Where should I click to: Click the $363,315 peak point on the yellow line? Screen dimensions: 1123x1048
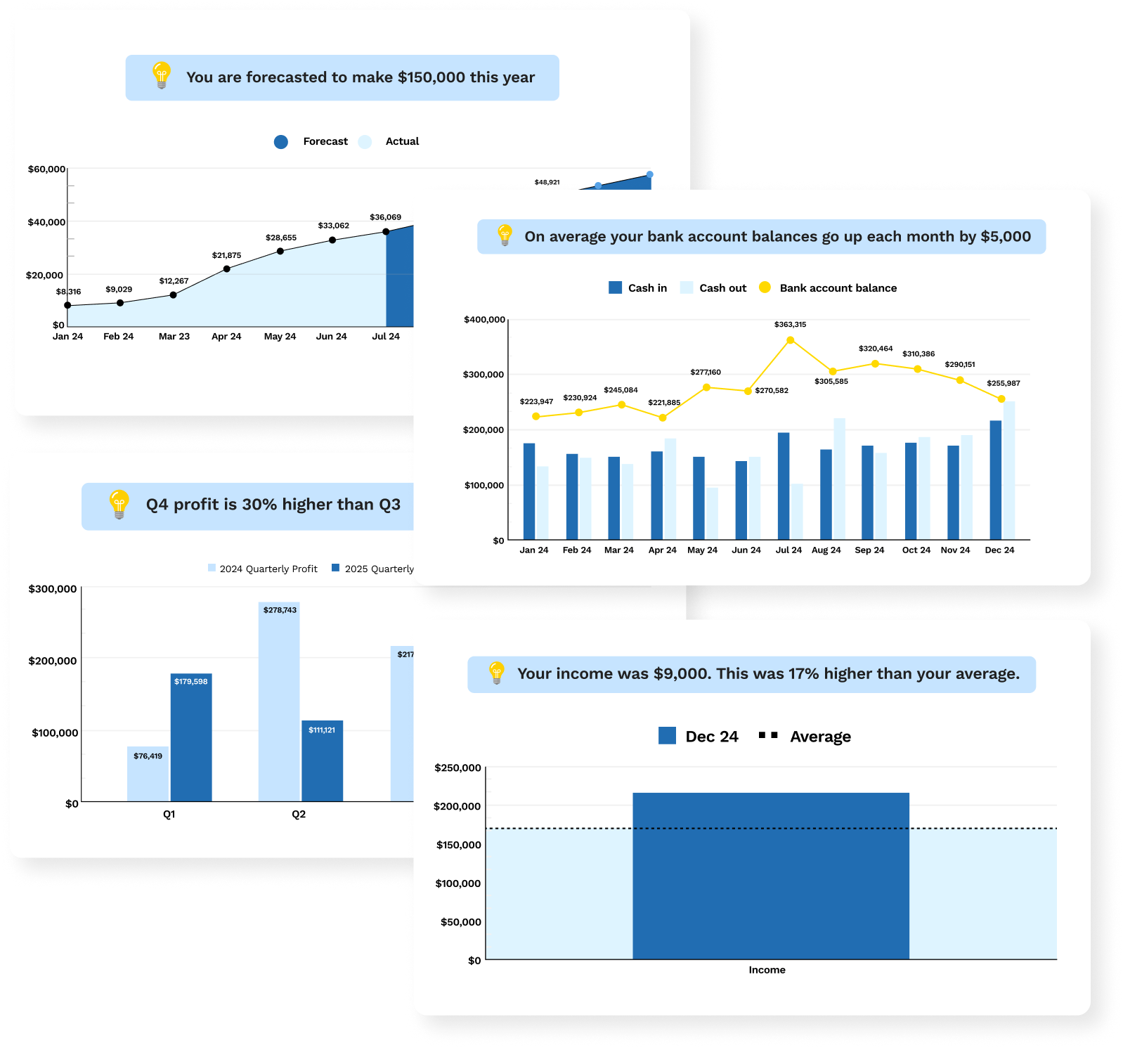pyautogui.click(x=791, y=340)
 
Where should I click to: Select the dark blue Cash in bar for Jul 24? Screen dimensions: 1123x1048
pyautogui.click(x=784, y=486)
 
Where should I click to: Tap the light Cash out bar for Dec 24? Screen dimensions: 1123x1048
pyautogui.click(x=1009, y=471)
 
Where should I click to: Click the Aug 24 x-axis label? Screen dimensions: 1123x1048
pyautogui.click(x=826, y=550)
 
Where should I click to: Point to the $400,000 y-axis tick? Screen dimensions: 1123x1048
pyautogui.click(x=485, y=320)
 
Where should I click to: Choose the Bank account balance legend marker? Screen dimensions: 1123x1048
pyautogui.click(x=765, y=287)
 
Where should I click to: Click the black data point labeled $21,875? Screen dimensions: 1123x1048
pyautogui.click(x=226, y=269)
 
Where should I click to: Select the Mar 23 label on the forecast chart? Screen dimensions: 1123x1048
pyautogui.click(x=174, y=337)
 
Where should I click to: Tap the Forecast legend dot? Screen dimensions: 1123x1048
pyautogui.click(x=281, y=142)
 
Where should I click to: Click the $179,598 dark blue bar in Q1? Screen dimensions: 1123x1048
pyautogui.click(x=191, y=738)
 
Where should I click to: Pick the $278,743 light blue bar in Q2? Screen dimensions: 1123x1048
pyautogui.click(x=279, y=701)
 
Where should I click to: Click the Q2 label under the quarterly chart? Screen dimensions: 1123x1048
pyautogui.click(x=299, y=815)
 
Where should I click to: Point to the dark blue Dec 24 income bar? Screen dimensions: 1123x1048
pyautogui.click(x=771, y=876)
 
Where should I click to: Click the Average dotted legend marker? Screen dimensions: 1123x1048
pyautogui.click(x=768, y=735)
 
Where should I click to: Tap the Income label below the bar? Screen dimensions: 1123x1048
pyautogui.click(x=767, y=970)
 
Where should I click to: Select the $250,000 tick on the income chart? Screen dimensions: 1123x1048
pyautogui.click(x=458, y=768)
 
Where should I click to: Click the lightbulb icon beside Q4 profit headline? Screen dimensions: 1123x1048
pyautogui.click(x=119, y=505)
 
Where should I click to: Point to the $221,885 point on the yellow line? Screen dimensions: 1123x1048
pyautogui.click(x=663, y=418)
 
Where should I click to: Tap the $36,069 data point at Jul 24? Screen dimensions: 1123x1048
pyautogui.click(x=386, y=232)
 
